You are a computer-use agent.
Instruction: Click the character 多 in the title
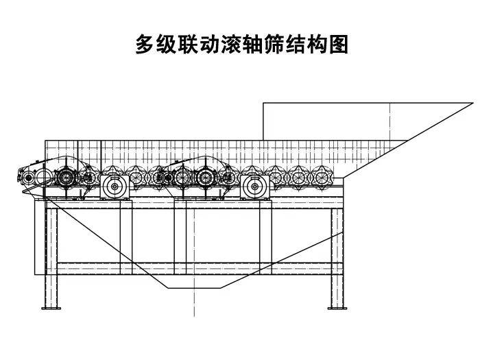click(x=145, y=45)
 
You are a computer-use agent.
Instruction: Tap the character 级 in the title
click(x=168, y=45)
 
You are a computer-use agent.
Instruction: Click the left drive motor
click(x=115, y=186)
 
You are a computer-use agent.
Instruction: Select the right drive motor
click(x=254, y=186)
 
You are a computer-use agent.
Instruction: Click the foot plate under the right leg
click(x=336, y=308)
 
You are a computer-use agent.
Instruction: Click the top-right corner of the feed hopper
click(x=472, y=104)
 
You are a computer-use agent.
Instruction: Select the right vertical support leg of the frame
click(x=336, y=257)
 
